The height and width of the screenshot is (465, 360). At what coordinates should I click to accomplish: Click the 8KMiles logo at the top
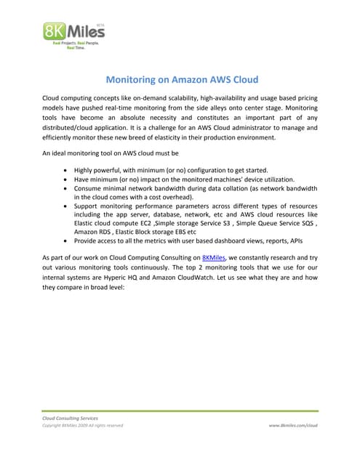pos(73,34)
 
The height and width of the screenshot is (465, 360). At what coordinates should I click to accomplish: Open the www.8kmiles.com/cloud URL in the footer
pos(293,426)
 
